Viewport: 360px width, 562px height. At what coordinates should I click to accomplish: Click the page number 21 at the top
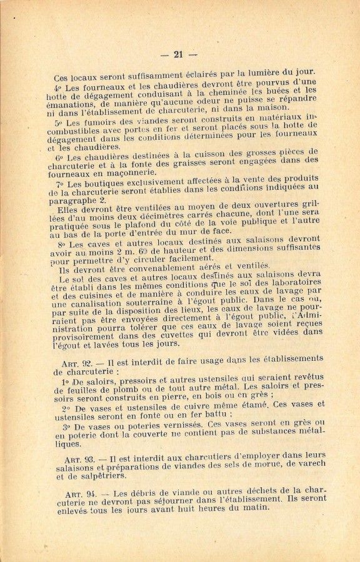tap(179, 54)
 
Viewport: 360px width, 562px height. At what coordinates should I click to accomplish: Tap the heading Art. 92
tap(77, 363)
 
